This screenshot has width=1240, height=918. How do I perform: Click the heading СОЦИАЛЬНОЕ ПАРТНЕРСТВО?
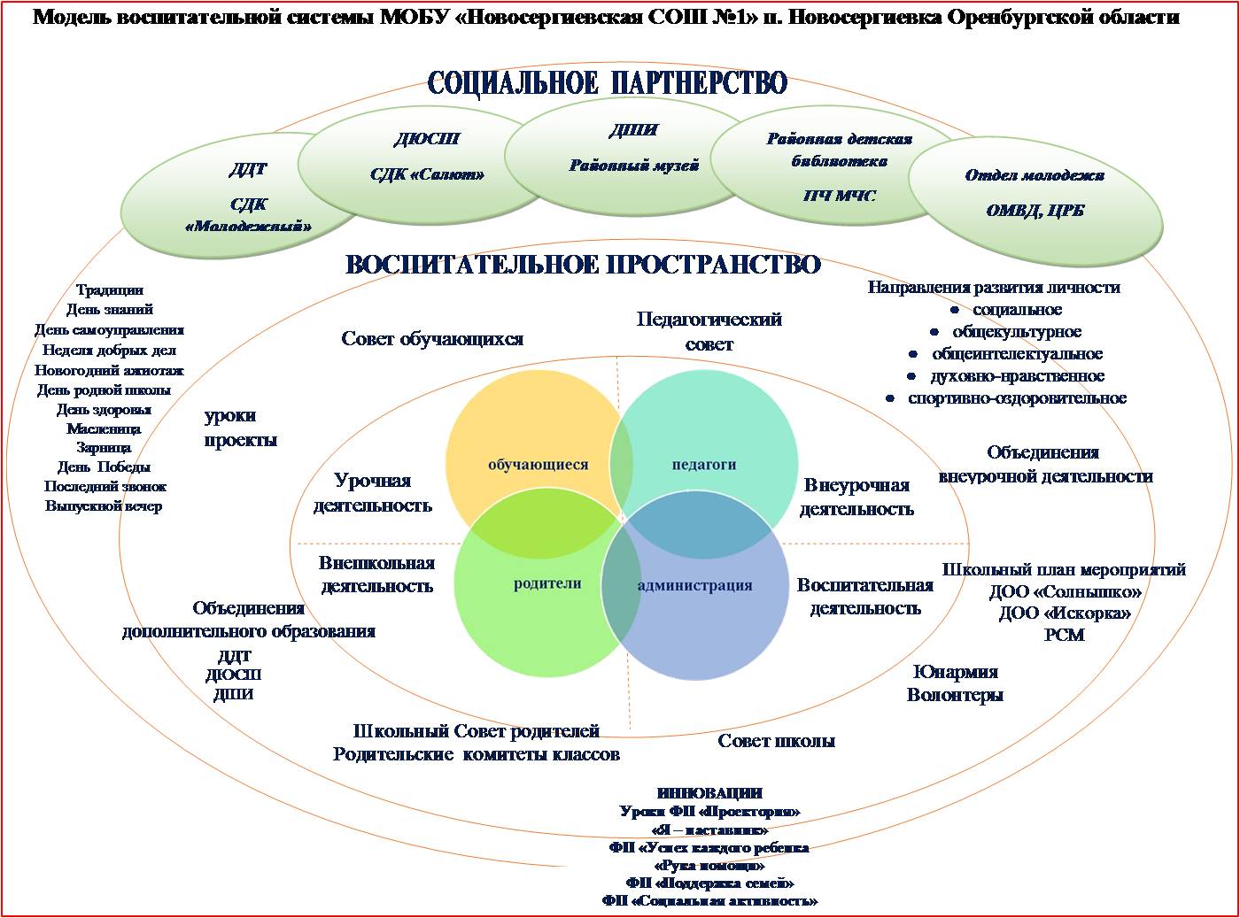tap(608, 83)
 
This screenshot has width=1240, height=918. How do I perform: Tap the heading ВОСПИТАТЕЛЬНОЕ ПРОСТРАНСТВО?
tap(583, 265)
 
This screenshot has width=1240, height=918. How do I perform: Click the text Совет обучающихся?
tap(432, 339)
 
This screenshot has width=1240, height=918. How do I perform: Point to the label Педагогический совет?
tap(709, 331)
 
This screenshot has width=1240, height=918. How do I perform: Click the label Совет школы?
tap(776, 741)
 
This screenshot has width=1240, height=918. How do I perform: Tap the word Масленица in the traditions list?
tap(104, 428)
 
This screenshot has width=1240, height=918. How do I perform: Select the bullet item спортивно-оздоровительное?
tap(1017, 398)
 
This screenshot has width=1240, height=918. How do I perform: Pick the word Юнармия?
tap(955, 672)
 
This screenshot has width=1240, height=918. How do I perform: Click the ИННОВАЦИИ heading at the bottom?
tap(709, 793)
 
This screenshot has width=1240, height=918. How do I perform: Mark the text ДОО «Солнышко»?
tap(1065, 591)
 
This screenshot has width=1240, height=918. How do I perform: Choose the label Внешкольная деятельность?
tap(376, 575)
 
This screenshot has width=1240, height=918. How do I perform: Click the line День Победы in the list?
tap(104, 467)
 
